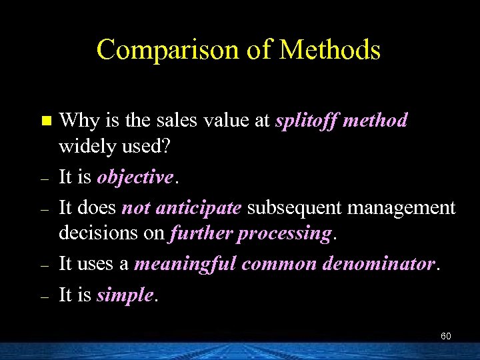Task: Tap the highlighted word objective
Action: [x=135, y=177]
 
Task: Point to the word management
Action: [x=399, y=207]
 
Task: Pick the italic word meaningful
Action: [x=185, y=264]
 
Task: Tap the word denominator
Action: [x=379, y=264]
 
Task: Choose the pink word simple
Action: [x=125, y=294]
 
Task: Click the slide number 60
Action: [x=445, y=337]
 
